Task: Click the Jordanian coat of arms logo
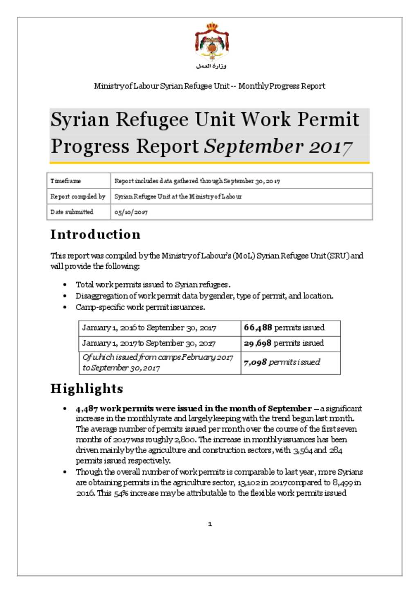coord(211,42)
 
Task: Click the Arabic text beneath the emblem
coord(211,66)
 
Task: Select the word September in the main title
coord(254,147)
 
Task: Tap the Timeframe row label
coord(65,181)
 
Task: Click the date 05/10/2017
coord(131,212)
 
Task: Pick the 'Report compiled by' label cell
coord(78,196)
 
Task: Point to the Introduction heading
coord(95,234)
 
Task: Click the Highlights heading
coord(87,388)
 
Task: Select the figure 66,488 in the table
coord(258,327)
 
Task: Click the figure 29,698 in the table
coord(257,343)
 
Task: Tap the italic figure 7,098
coord(255,362)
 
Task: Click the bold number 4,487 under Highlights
coord(86,408)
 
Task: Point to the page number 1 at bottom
coord(210,524)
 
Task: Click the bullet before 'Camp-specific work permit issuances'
coord(65,307)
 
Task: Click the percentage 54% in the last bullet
coord(120,493)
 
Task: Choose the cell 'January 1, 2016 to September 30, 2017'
coord(149,328)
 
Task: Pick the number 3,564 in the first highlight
coord(302,450)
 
